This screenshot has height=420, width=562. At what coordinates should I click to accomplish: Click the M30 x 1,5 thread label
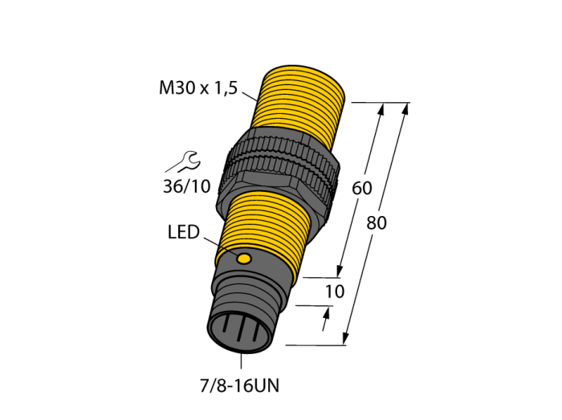click(198, 88)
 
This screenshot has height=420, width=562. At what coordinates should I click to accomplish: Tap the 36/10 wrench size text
click(186, 186)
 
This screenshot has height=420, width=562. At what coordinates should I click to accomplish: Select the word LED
click(184, 232)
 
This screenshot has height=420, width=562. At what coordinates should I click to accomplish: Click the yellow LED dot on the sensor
click(244, 259)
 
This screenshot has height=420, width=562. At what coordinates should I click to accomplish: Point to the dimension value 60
click(362, 188)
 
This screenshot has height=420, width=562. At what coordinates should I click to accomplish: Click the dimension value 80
click(377, 223)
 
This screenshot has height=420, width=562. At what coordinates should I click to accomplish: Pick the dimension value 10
click(335, 292)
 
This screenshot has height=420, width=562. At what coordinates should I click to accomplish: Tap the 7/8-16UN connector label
click(239, 386)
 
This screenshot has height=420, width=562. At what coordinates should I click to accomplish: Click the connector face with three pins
click(238, 332)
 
